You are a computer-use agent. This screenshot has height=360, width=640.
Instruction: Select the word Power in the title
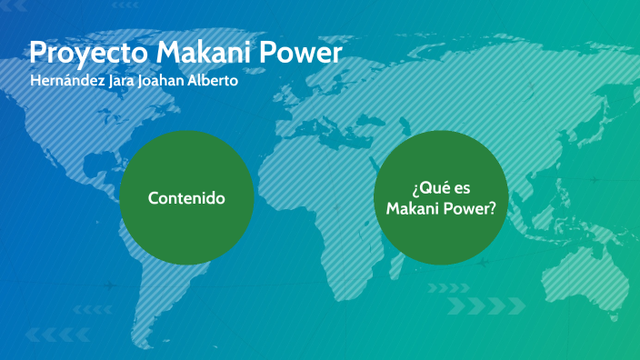pos(301,53)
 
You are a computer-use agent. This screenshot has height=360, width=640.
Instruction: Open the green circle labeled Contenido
pos(186,197)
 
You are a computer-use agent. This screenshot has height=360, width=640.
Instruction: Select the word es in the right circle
pos(462,188)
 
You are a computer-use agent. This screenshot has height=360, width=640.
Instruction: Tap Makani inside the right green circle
pos(412,209)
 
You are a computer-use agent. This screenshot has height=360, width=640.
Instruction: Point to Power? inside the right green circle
pos(468,209)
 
